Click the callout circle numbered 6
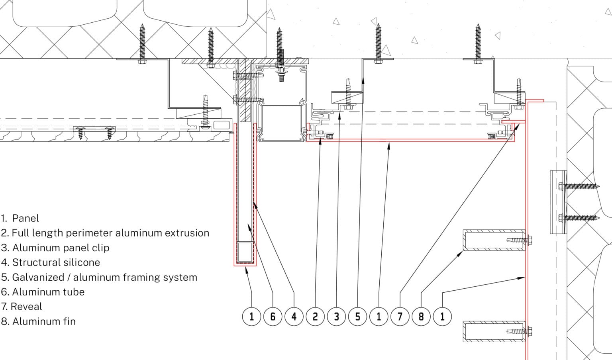[x=273, y=317]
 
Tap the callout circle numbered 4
[x=294, y=317]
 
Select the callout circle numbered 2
[x=315, y=317]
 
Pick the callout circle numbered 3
[x=336, y=317]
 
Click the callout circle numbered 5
[x=357, y=317]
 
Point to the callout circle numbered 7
[x=400, y=317]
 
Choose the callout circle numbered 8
[x=421, y=317]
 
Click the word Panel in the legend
[x=26, y=218]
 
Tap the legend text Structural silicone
[x=56, y=262]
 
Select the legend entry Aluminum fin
[x=44, y=321]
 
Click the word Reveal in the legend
[x=26, y=307]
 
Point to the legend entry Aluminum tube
[x=48, y=292]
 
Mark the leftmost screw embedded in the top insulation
[x=142, y=42]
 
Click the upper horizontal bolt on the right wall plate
[x=578, y=186]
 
